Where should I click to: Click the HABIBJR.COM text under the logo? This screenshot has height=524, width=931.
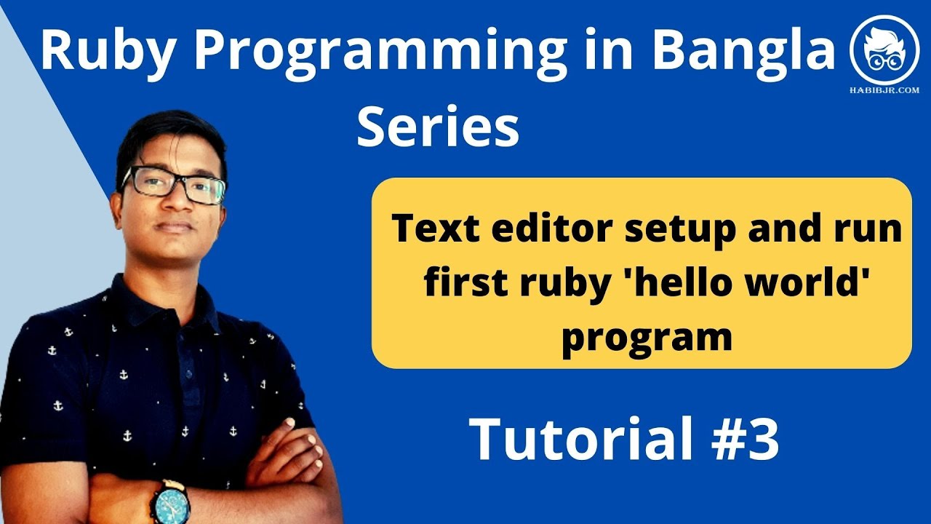(x=885, y=90)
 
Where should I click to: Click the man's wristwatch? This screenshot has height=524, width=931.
(x=169, y=501)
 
